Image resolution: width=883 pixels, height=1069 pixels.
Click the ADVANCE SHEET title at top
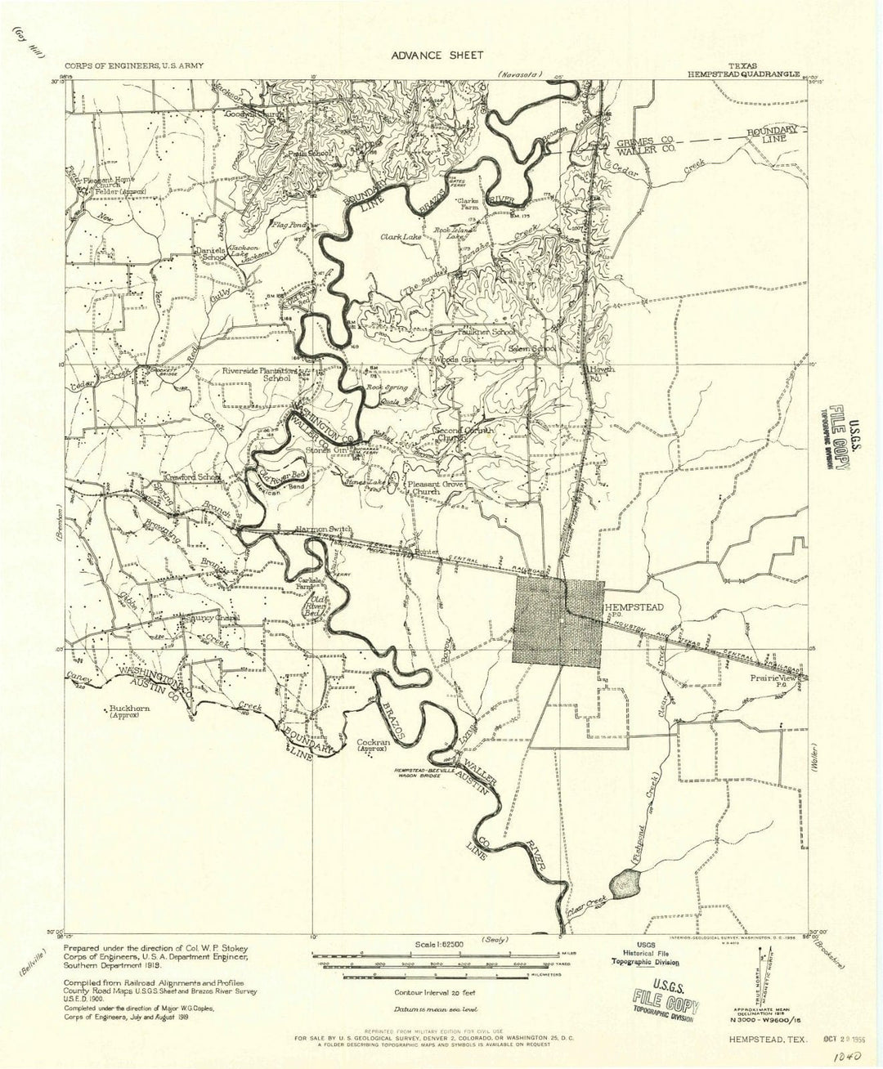[x=437, y=55]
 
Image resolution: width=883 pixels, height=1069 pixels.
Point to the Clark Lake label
[x=400, y=237]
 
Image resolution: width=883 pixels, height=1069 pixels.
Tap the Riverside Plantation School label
[x=257, y=374]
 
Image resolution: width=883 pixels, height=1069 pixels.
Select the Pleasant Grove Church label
[x=434, y=488]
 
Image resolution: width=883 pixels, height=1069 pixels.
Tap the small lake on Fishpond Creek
[x=626, y=882]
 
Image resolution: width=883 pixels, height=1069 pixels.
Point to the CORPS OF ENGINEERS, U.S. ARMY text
[x=131, y=65]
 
